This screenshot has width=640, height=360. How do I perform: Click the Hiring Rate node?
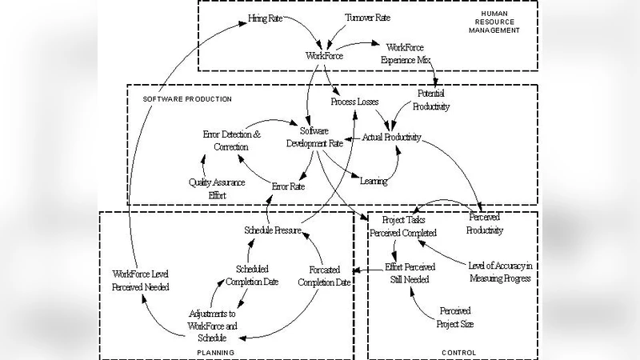tap(263, 16)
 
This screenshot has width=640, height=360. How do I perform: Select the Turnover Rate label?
tap(368, 17)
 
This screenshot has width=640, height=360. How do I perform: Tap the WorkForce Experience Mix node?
tap(410, 54)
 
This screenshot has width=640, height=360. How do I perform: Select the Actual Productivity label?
tap(392, 137)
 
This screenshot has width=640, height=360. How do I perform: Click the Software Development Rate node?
tap(314, 137)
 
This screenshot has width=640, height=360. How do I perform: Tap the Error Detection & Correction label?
tap(231, 141)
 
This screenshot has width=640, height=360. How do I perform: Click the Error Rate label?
tap(288, 186)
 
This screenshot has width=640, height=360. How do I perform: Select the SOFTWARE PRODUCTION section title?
tap(187, 99)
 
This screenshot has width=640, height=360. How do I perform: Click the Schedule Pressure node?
tap(272, 230)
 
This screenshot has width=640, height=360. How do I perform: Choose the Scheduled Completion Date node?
tap(252, 275)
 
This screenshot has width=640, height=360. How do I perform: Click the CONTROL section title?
tap(458, 352)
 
